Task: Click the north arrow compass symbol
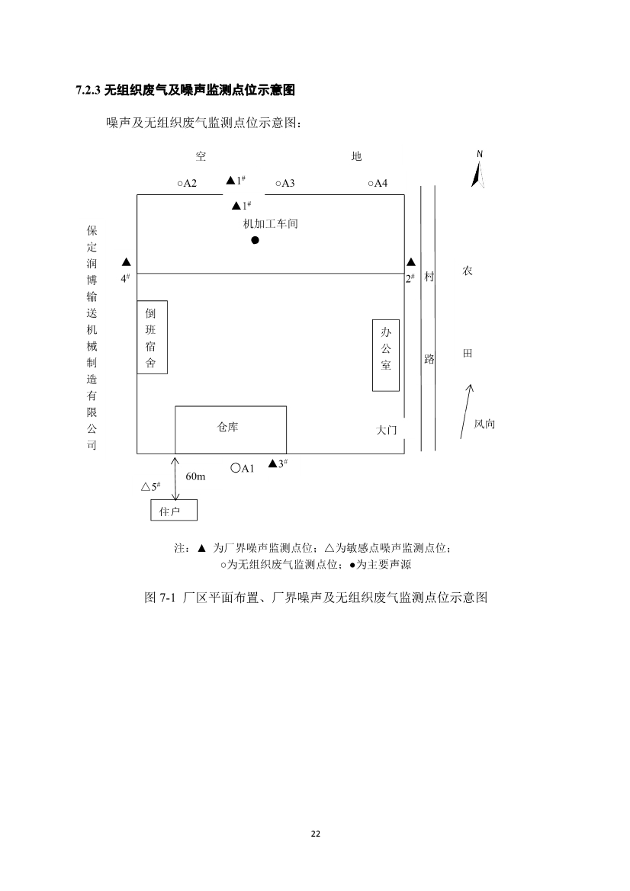(479, 169)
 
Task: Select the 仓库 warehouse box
(230, 429)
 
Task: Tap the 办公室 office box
(385, 355)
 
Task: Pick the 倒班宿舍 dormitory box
(152, 337)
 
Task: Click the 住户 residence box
(173, 510)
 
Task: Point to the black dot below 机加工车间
(256, 240)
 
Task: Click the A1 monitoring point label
(243, 468)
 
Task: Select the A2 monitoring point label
(187, 183)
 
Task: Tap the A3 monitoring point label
(285, 183)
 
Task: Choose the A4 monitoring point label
(378, 183)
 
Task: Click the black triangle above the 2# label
(410, 262)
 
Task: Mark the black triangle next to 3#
(272, 463)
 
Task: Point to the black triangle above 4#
(127, 262)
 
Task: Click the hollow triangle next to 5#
(146, 486)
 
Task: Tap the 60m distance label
(195, 476)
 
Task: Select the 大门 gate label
(386, 431)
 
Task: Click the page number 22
(315, 833)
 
